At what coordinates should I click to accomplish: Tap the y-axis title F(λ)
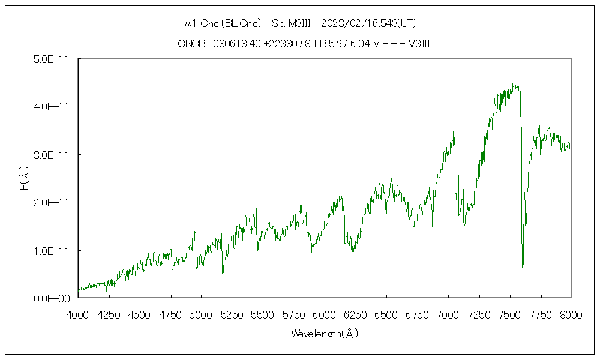(x=25, y=178)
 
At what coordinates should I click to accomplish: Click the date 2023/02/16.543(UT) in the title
(x=369, y=24)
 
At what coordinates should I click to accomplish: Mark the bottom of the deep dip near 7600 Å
(x=523, y=266)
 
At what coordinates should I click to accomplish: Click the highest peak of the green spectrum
(x=512, y=82)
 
